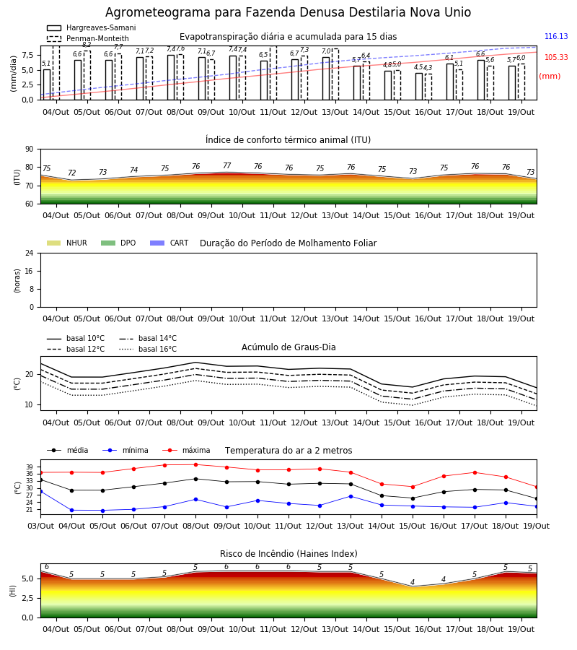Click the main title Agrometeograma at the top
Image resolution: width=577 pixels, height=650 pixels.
pyautogui.click(x=288, y=12)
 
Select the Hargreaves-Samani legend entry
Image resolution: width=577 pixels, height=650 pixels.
pyautogui.click(x=92, y=27)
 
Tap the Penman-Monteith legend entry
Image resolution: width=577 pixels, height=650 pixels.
pyautogui.click(x=88, y=38)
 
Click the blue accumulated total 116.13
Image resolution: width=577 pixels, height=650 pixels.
pyautogui.click(x=556, y=37)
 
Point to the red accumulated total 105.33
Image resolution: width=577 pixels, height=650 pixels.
pyautogui.click(x=556, y=57)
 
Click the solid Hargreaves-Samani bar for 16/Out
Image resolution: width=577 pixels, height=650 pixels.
pyautogui.click(x=419, y=87)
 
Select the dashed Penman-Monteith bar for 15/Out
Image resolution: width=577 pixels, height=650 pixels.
pyautogui.click(x=397, y=85)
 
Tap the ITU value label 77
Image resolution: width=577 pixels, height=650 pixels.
pyautogui.click(x=226, y=165)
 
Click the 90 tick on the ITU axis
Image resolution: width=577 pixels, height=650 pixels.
pyautogui.click(x=30, y=149)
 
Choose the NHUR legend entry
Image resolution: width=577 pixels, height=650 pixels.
pyautogui.click(x=66, y=243)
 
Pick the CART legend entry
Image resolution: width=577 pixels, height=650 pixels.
pyautogui.click(x=169, y=243)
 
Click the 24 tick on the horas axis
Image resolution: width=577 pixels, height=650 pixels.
pyautogui.click(x=30, y=253)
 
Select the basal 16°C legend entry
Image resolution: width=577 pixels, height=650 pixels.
pyautogui.click(x=148, y=349)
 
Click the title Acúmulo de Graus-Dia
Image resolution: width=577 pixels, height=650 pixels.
pyautogui.click(x=288, y=347)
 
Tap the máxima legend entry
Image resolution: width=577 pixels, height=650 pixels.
pyautogui.click(x=187, y=450)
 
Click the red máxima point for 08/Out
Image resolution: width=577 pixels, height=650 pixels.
pyautogui.click(x=195, y=464)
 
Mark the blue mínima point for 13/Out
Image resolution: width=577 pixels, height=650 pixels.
pyautogui.click(x=351, y=496)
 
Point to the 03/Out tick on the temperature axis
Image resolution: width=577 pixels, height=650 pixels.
pyautogui.click(x=40, y=526)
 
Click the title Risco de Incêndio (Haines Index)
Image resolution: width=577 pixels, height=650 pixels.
pyautogui.click(x=288, y=553)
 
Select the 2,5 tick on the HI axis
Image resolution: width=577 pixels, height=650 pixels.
pyautogui.click(x=28, y=598)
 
